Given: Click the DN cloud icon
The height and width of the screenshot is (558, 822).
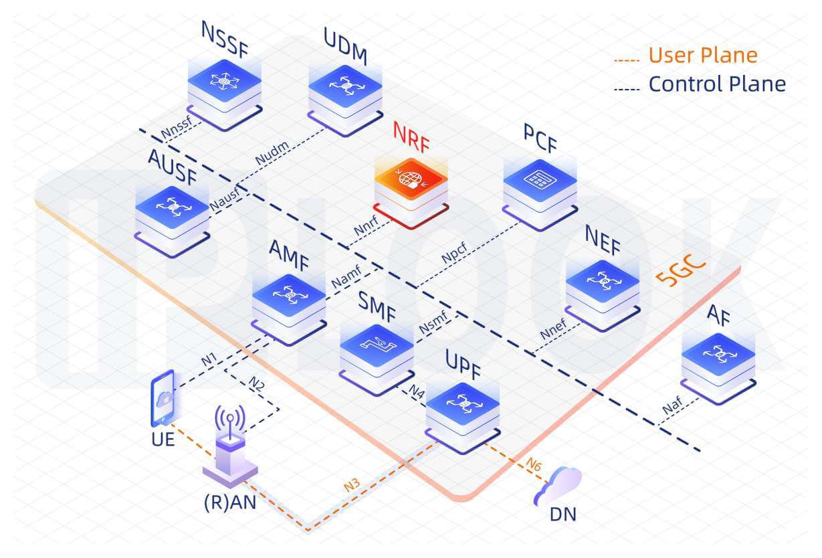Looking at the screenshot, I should tap(558, 486).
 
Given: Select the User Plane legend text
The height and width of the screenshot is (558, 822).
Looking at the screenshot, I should tap(703, 55).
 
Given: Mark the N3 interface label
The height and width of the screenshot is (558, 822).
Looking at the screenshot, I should tap(352, 485).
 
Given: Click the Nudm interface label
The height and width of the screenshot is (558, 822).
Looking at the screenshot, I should tap(270, 157).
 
